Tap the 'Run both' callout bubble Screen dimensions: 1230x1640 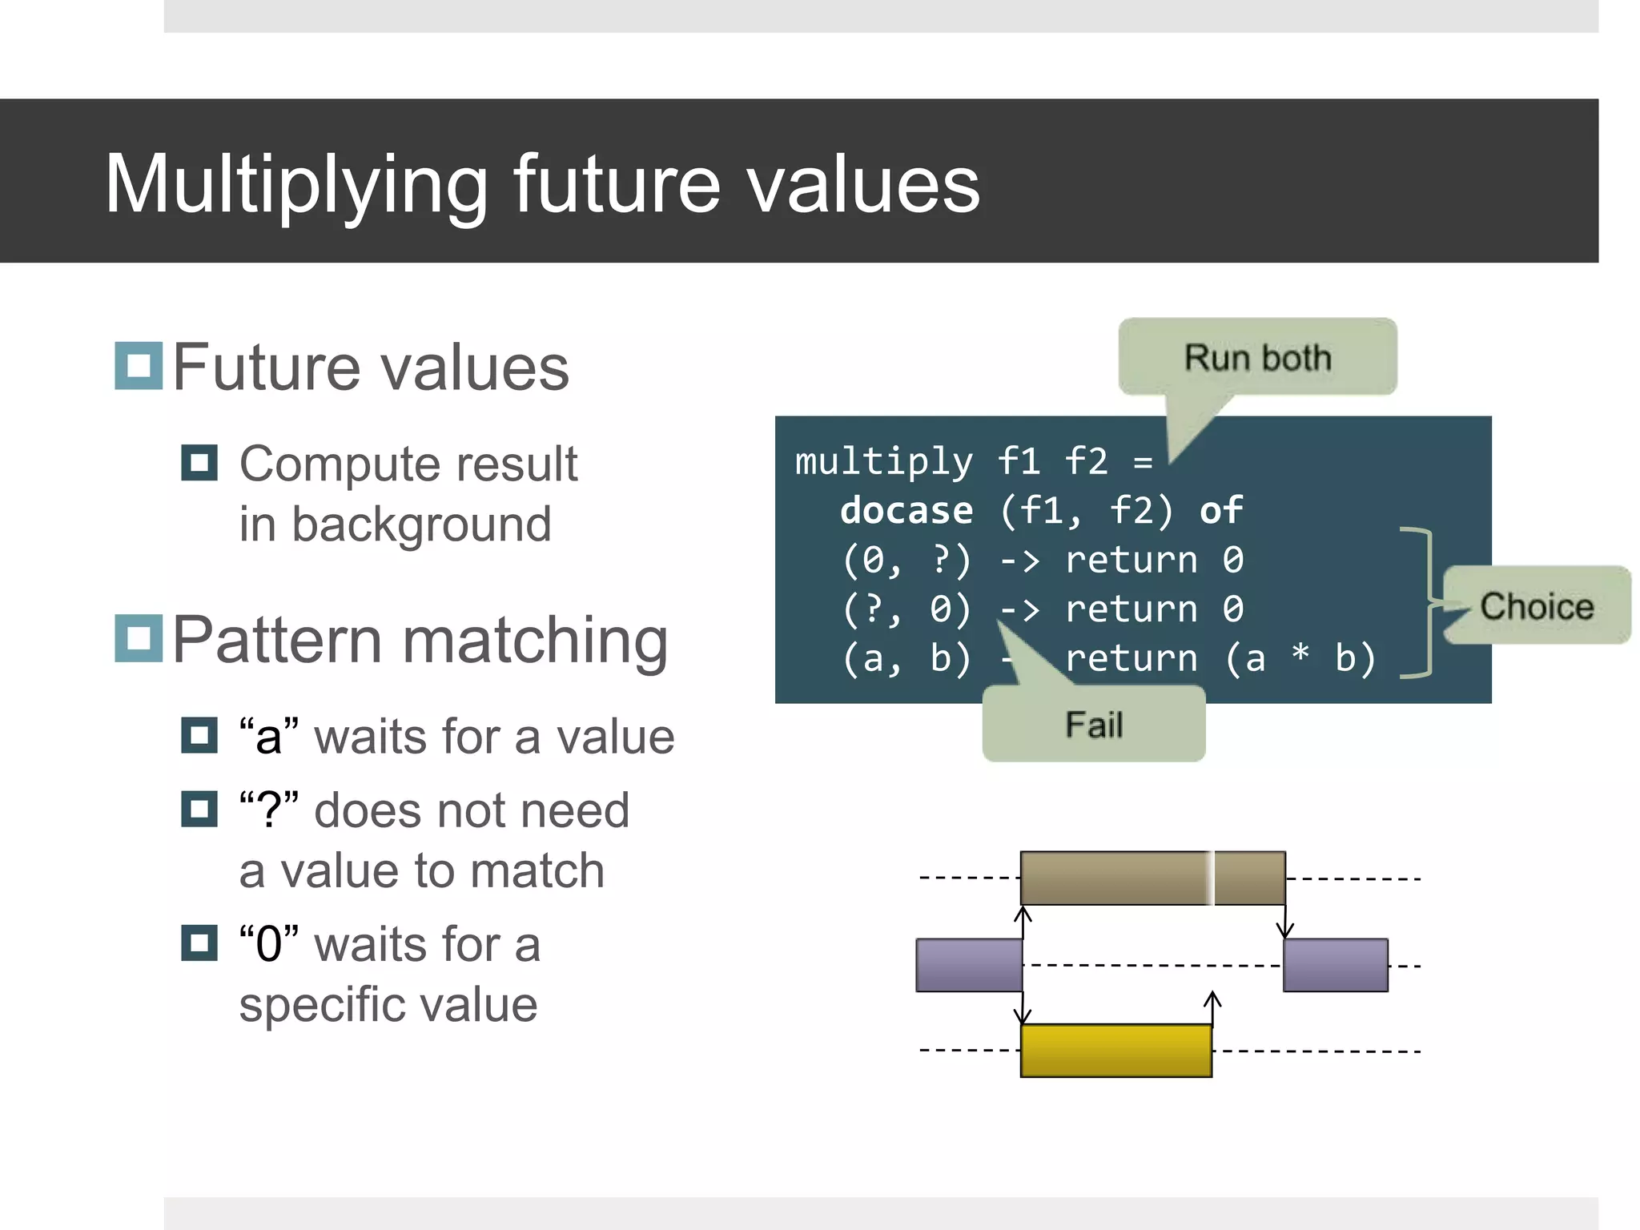pos(1257,357)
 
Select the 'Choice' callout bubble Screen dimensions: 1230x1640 pos(1536,605)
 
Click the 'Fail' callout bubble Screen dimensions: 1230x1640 pos(1094,725)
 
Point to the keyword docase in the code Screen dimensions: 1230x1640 pos(906,511)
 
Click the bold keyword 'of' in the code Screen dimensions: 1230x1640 pos(1221,511)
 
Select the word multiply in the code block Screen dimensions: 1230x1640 pos(883,462)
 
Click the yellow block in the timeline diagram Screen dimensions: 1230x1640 pos(1115,1051)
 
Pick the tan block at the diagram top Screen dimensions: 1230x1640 pos(1152,878)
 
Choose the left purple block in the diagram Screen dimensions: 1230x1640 pos(969,965)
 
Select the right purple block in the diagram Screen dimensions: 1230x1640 pos(1335,965)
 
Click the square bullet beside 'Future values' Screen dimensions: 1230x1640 pos(139,366)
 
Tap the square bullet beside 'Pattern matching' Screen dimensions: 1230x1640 pos(139,638)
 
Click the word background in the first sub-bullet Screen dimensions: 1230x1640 pos(421,525)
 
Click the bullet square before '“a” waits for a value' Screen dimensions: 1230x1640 pos(199,735)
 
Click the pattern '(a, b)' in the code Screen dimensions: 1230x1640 pos(906,659)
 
